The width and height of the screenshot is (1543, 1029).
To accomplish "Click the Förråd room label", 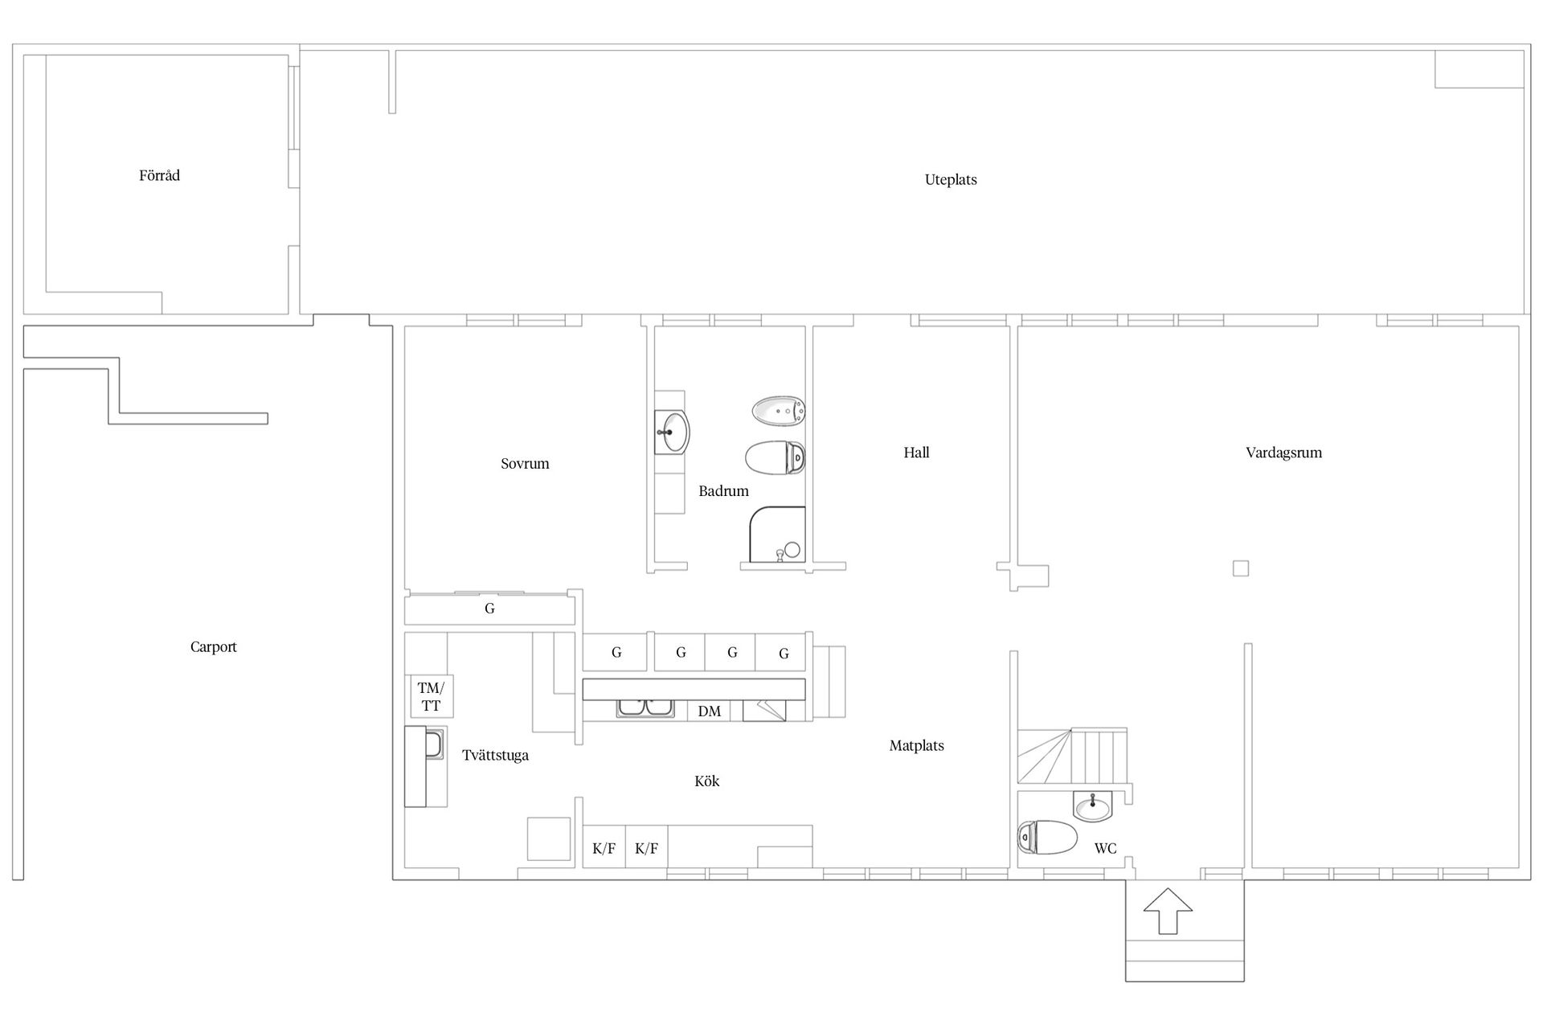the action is [x=159, y=175].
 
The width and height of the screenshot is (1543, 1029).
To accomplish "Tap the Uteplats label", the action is [x=951, y=180].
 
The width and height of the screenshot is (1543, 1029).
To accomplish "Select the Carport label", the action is [x=214, y=647].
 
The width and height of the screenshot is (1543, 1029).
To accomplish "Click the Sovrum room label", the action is [x=525, y=464].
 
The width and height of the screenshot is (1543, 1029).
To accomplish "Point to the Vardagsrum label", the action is [x=1283, y=453].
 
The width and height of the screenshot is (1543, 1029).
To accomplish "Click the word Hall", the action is [x=916, y=453].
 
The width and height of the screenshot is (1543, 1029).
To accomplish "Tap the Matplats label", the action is [x=916, y=746].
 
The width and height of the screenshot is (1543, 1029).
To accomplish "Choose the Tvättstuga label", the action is [x=495, y=756].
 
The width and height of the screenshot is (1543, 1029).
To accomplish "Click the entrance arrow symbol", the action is [x=1168, y=911].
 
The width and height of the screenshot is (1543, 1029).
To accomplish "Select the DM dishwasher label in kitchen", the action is [x=710, y=711].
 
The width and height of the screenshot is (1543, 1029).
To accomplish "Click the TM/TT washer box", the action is [x=432, y=696].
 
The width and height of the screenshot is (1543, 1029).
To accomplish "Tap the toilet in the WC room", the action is [x=1047, y=838].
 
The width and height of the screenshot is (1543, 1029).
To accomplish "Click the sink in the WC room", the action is [x=1093, y=806].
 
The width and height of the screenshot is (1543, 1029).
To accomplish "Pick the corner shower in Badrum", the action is [x=777, y=535].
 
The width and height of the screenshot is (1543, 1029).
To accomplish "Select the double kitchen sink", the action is [x=645, y=708].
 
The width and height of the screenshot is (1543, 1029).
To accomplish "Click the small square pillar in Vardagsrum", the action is [x=1241, y=568].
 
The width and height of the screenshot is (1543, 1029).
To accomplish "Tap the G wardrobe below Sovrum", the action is [x=489, y=609].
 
